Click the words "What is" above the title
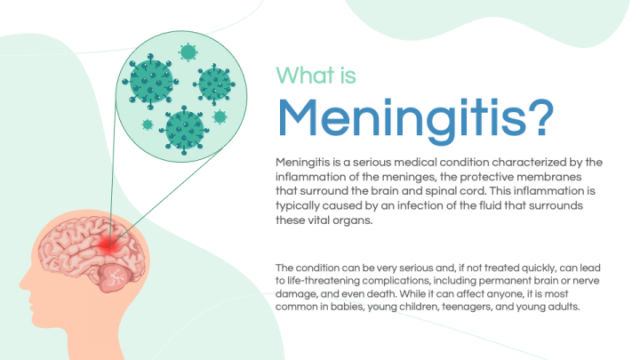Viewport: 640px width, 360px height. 316,75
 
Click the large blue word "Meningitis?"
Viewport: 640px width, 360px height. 415,116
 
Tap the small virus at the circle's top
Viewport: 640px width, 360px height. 188,52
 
